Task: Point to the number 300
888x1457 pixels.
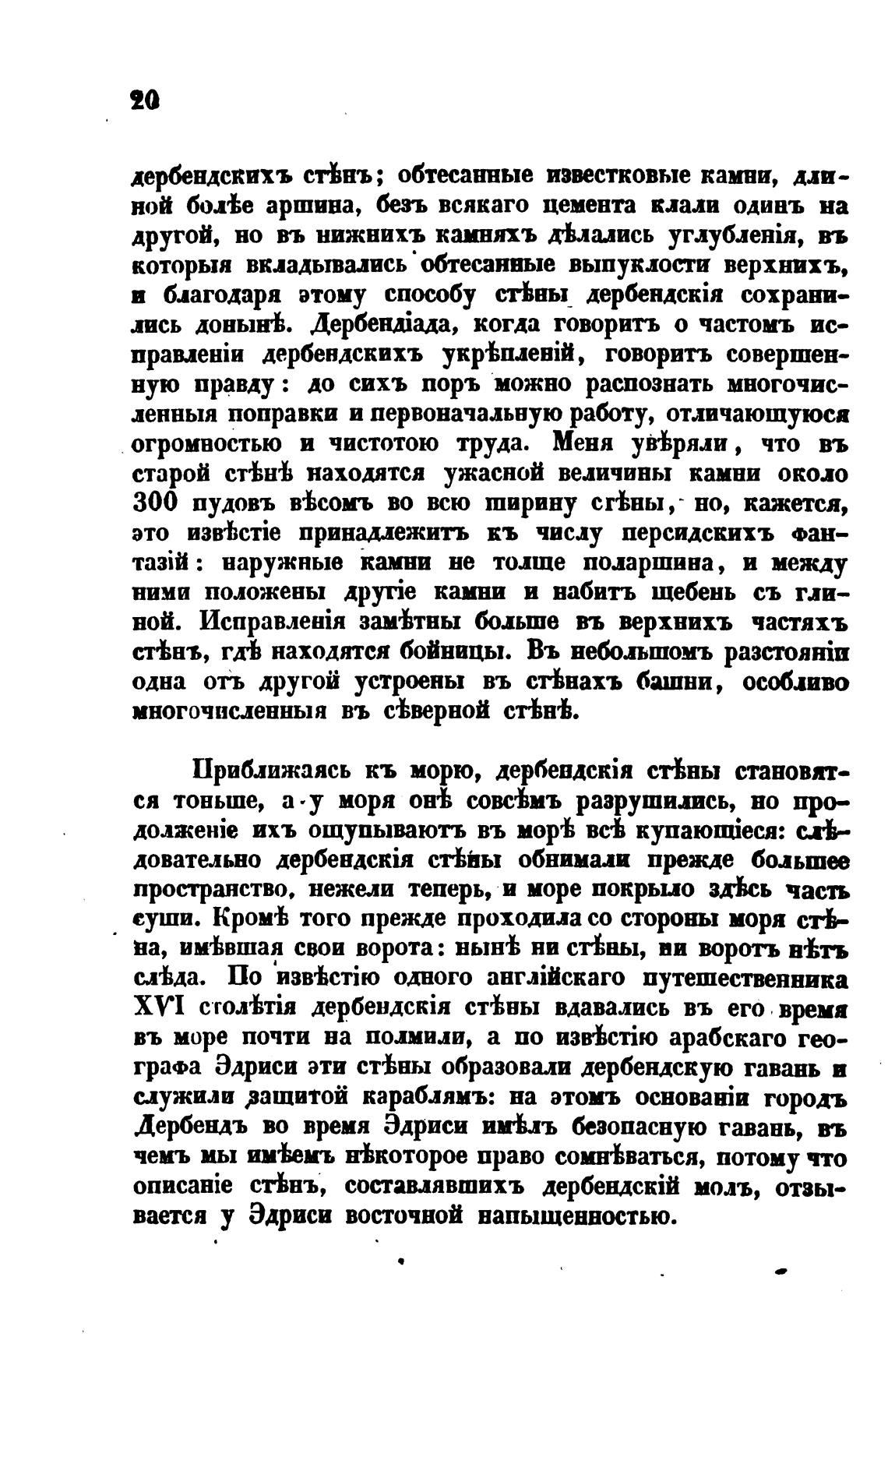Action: (158, 503)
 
